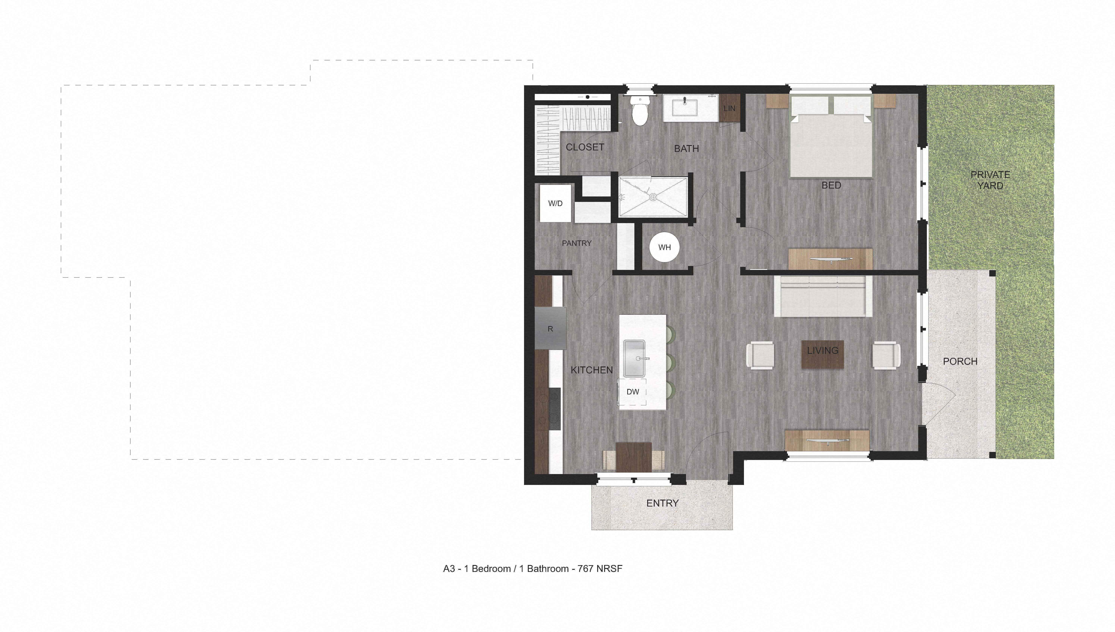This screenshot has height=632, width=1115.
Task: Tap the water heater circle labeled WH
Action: (664, 247)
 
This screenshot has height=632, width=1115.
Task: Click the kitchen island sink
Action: (634, 358)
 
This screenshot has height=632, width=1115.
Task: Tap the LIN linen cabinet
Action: (729, 108)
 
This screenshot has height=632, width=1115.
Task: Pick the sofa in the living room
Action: (823, 296)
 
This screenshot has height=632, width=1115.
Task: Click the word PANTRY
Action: (576, 243)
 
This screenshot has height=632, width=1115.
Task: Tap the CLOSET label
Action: (585, 147)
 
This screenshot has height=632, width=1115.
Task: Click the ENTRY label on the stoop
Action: (662, 503)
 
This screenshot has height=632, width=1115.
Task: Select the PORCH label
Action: (960, 361)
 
